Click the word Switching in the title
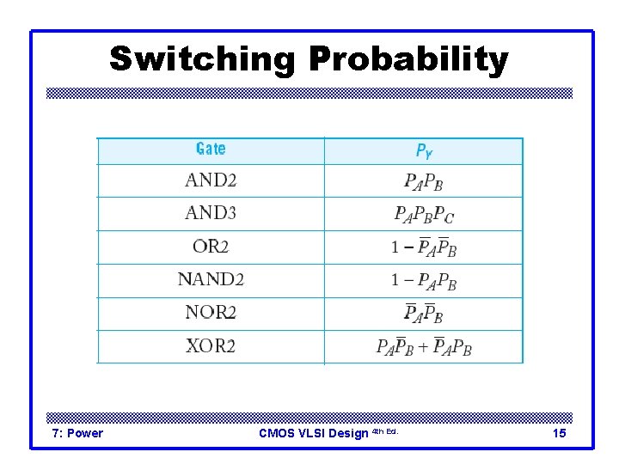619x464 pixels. tap(202, 60)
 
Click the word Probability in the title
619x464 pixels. tap(408, 60)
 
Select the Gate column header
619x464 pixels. tap(211, 150)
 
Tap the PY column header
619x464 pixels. tap(424, 150)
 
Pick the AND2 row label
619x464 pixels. tap(211, 180)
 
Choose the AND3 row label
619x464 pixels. tap(211, 213)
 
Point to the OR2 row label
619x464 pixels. tap(211, 247)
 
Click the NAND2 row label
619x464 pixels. tap(211, 279)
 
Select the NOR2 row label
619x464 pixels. tap(211, 313)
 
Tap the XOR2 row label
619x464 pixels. tap(211, 346)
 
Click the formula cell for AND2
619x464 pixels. tap(424, 181)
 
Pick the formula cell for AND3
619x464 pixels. tap(424, 214)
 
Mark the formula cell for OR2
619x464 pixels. tap(424, 247)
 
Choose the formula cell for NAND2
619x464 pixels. tap(424, 280)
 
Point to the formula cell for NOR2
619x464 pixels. tap(424, 313)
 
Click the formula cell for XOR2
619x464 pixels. tap(424, 347)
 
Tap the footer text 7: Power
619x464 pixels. tap(78, 433)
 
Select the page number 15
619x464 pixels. tap(559, 433)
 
